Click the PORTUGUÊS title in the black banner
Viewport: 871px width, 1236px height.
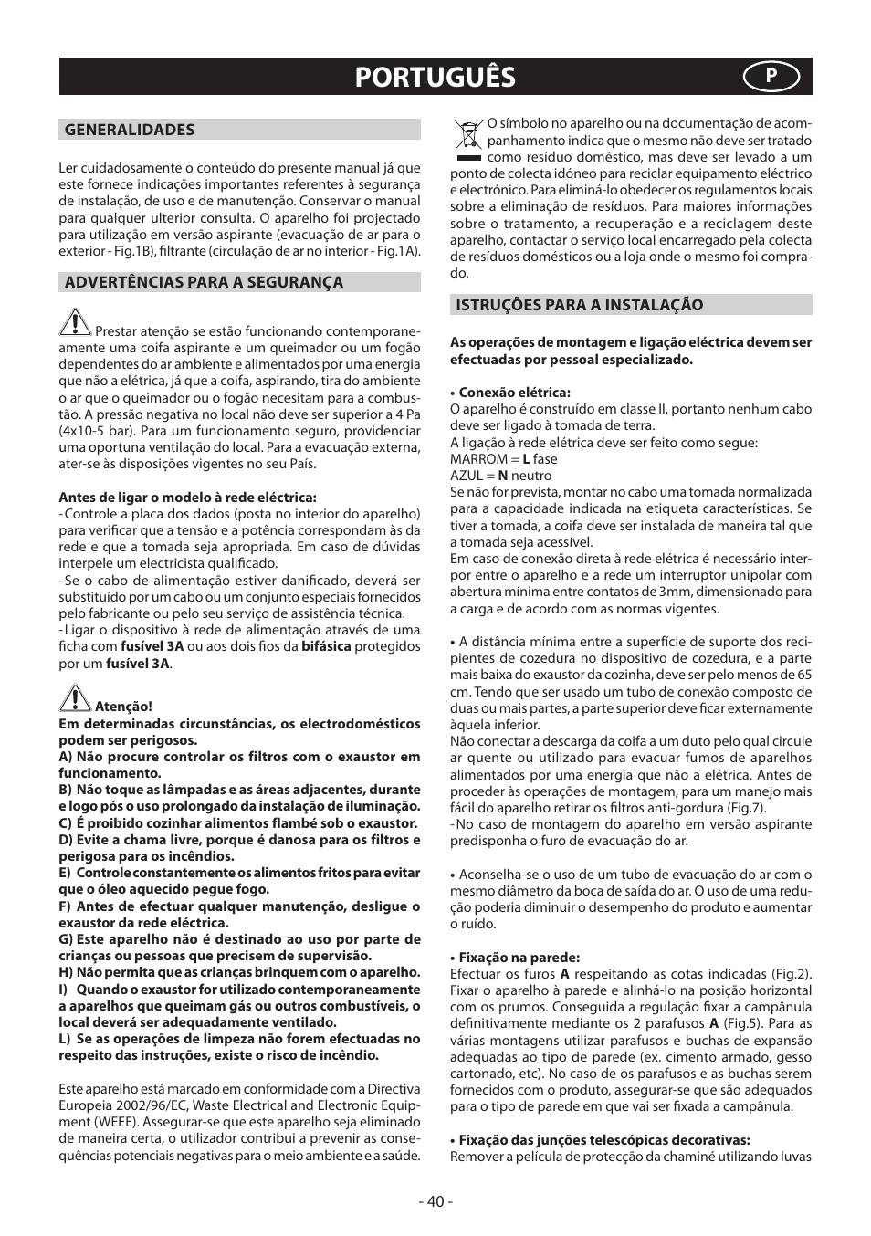435,78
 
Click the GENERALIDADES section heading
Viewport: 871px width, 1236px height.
129,130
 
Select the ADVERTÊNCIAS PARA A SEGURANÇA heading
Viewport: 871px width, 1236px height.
204,282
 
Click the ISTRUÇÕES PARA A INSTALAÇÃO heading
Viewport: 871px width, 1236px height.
580,305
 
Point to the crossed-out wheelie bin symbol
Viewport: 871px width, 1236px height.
468,140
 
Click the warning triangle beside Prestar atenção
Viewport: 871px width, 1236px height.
76,322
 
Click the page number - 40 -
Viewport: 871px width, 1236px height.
435,1201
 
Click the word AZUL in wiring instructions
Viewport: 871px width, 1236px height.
467,476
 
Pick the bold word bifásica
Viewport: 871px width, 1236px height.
326,646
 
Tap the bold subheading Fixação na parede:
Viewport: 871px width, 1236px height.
519,958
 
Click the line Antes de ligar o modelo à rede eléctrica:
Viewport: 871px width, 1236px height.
187,498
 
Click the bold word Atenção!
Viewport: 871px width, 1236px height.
123,707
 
